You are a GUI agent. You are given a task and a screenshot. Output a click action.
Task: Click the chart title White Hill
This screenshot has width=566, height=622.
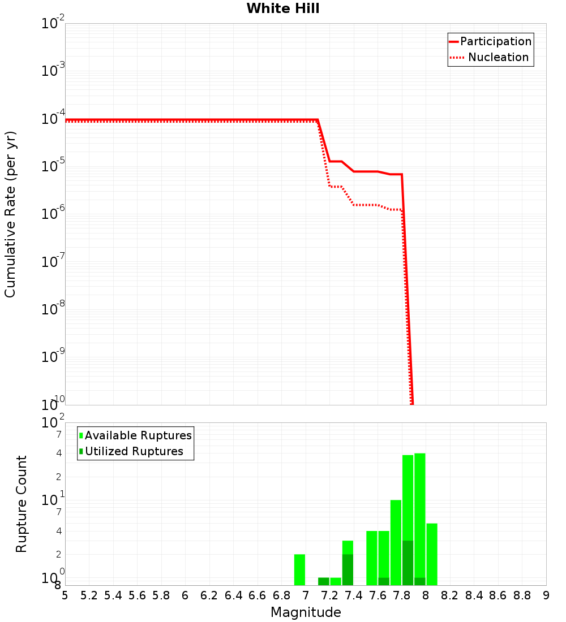click(x=283, y=8)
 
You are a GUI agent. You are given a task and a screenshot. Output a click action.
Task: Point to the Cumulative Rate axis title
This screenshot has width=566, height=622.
click(x=10, y=214)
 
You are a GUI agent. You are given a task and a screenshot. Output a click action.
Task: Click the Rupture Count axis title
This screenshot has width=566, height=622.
click(x=22, y=504)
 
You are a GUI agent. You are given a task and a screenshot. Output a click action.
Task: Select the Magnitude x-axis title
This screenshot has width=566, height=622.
click(x=306, y=612)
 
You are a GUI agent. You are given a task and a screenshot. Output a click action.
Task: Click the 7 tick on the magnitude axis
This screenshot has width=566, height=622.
click(x=306, y=595)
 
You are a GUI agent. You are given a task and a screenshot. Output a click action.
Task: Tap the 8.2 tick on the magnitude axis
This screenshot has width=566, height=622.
click(x=450, y=595)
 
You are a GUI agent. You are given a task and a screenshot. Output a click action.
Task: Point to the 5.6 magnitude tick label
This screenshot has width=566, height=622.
click(x=137, y=595)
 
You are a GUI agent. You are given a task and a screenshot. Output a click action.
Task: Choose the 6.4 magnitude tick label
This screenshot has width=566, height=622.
click(x=233, y=595)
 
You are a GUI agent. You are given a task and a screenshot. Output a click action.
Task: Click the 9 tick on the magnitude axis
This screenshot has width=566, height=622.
click(x=546, y=595)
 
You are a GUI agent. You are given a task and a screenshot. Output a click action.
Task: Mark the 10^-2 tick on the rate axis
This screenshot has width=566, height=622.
click(x=53, y=24)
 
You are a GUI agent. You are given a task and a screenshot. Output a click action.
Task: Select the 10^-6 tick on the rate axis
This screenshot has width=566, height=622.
click(x=53, y=214)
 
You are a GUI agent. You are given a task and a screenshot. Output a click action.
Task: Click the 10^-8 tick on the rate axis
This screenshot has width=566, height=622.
click(x=53, y=309)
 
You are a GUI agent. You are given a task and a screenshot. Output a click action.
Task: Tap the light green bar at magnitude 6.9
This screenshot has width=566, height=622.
click(x=299, y=569)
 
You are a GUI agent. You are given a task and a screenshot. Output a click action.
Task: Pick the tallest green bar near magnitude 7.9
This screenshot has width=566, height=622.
click(x=419, y=519)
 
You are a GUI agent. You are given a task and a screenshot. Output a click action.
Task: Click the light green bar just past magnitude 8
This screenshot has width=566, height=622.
click(x=432, y=554)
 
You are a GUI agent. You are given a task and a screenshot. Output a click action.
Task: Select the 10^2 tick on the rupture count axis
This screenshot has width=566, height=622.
click(x=54, y=423)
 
